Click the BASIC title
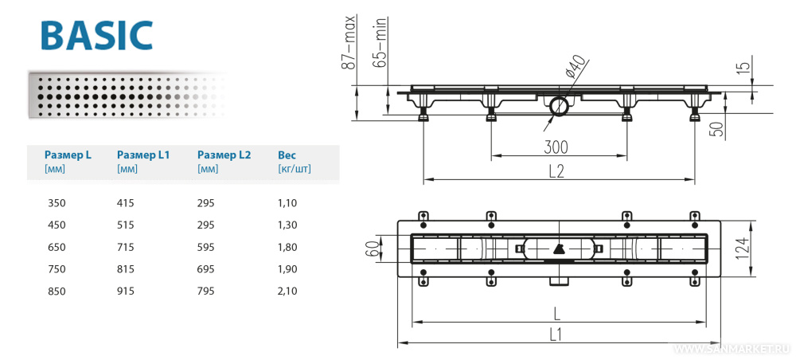pyautogui.click(x=96, y=36)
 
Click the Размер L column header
pyautogui.click(x=68, y=155)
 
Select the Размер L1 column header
pyautogui.click(x=143, y=155)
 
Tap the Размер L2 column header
pyautogui.click(x=224, y=155)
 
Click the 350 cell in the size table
pyautogui.click(x=57, y=203)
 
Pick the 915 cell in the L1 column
pyautogui.click(x=126, y=292)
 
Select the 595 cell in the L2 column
pyautogui.click(x=206, y=248)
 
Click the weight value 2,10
pyautogui.click(x=287, y=292)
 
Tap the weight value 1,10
pyautogui.click(x=287, y=203)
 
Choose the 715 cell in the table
pyautogui.click(x=126, y=248)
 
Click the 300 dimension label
pyautogui.click(x=557, y=146)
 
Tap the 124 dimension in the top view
pyautogui.click(x=763, y=248)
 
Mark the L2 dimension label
pyautogui.click(x=557, y=170)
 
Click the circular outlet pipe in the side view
pyautogui.click(x=557, y=104)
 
